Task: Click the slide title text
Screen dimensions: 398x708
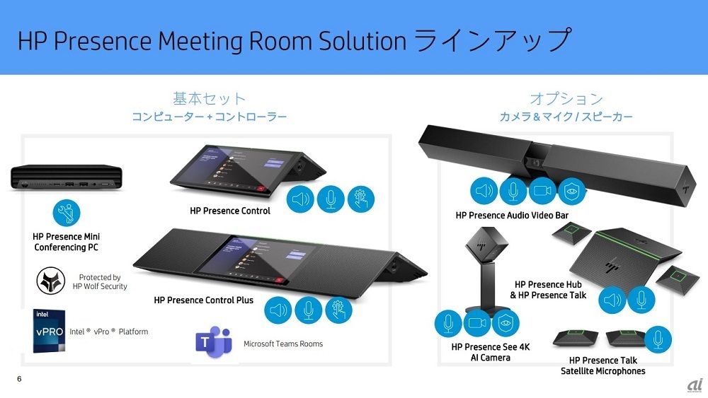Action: pyautogui.click(x=293, y=40)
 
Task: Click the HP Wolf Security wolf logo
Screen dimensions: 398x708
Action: pyautogui.click(x=50, y=281)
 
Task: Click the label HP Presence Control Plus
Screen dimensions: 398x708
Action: pyautogui.click(x=203, y=300)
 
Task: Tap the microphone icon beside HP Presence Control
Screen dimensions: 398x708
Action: pyautogui.click(x=330, y=199)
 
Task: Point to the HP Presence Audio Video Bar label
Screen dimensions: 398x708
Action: pyautogui.click(x=512, y=215)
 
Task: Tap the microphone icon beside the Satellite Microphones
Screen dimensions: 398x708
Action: pyautogui.click(x=658, y=340)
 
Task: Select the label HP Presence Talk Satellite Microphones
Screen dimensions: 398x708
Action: pyautogui.click(x=603, y=366)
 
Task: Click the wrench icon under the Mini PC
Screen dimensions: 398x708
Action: pyautogui.click(x=67, y=212)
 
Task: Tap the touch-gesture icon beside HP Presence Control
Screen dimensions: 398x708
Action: pyautogui.click(x=360, y=199)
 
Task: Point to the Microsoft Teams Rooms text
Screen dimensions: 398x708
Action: pyautogui.click(x=283, y=344)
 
